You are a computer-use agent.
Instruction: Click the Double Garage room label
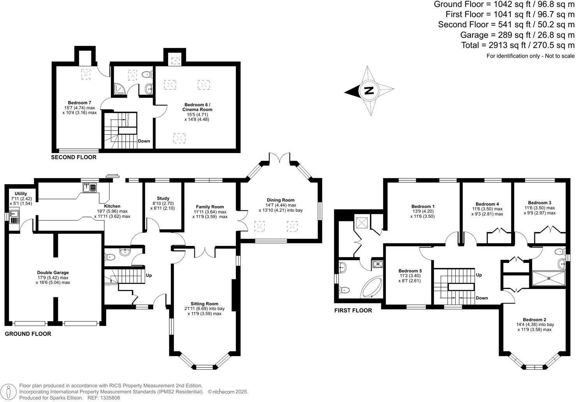pos(53,273)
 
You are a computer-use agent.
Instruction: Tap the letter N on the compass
pos(369,91)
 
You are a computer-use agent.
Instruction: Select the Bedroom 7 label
pos(79,103)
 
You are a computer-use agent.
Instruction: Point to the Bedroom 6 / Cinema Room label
pos(198,107)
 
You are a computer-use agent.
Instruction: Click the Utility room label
pos(21,194)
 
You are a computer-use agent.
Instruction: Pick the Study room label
pos(163,198)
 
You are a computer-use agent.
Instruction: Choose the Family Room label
pos(210,207)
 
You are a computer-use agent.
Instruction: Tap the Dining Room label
pos(280,200)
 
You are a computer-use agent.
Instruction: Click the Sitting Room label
pos(204,303)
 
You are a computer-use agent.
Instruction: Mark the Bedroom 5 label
pos(410,271)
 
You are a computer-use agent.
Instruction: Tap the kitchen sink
pos(90,188)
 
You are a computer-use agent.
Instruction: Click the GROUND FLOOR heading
pos(28,334)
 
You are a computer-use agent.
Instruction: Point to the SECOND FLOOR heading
pos(74,157)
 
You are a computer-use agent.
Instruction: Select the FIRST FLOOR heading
pos(353,310)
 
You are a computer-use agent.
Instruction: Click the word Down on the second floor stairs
pos(144,141)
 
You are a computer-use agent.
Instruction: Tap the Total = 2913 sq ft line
pos(517,45)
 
